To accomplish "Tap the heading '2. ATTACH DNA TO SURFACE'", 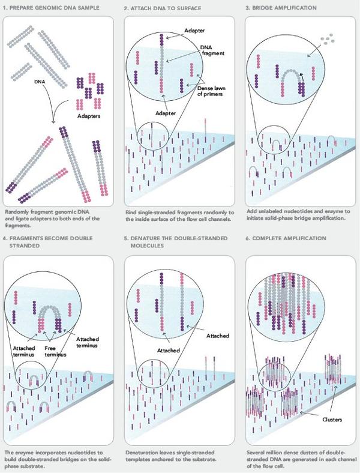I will [162, 8].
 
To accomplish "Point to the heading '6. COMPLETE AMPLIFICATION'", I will [285, 238].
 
